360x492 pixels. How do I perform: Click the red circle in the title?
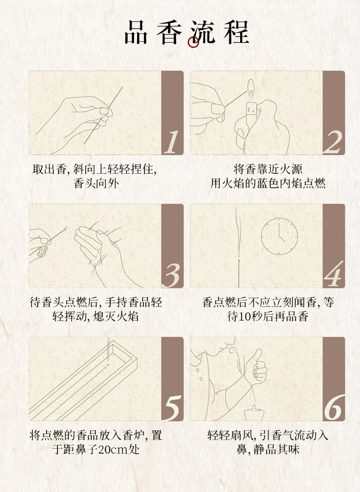click(193, 42)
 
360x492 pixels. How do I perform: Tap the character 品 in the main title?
click(136, 32)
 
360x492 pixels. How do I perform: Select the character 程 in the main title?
click(237, 32)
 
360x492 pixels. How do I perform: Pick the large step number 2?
click(333, 142)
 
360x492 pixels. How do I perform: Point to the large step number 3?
click(172, 275)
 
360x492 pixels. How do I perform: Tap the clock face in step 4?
click(279, 236)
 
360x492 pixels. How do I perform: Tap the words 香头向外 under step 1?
click(96, 183)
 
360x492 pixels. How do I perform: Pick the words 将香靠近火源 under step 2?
click(268, 170)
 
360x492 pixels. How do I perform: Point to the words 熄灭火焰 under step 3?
click(116, 316)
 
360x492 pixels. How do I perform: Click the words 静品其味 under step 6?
click(277, 449)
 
